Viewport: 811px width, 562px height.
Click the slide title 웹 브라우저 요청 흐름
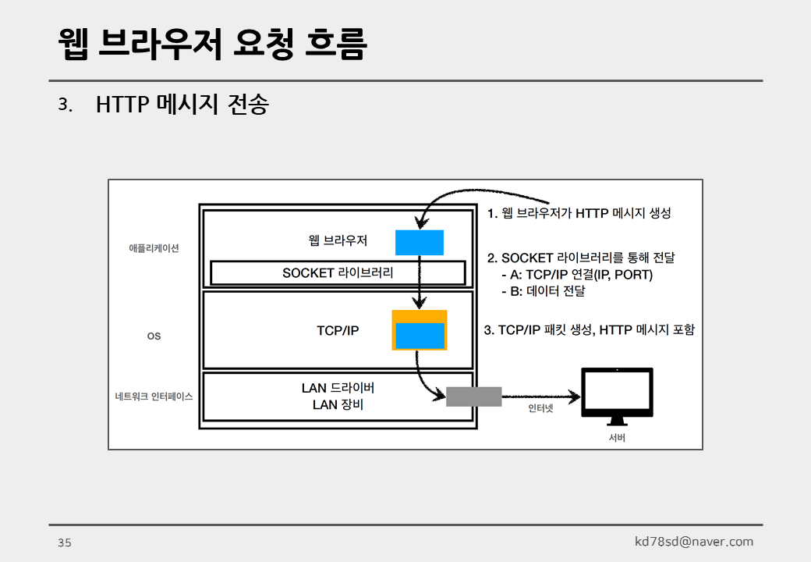coord(212,44)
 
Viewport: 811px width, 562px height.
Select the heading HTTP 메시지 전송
coord(182,105)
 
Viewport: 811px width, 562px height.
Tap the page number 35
coord(64,542)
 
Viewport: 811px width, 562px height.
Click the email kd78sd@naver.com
coord(693,542)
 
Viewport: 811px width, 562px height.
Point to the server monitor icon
coord(617,395)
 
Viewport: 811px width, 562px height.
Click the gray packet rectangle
coord(473,397)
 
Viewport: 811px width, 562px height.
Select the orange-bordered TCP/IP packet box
coord(420,330)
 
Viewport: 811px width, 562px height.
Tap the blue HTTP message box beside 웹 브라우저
coord(420,243)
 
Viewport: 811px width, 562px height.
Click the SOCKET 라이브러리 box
coord(338,273)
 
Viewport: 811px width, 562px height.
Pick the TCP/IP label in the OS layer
coord(338,330)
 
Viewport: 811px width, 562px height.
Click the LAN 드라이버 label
coord(338,388)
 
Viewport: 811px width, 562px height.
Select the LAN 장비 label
coord(338,405)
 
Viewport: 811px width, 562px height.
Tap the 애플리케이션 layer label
coord(154,248)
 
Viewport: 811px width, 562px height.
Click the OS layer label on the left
coord(154,336)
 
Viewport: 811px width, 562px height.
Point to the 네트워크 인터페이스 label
coord(154,396)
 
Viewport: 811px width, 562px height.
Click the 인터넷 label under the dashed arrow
coord(540,408)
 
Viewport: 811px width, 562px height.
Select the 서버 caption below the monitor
coord(617,437)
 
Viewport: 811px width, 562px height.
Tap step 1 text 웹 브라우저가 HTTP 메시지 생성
coord(579,213)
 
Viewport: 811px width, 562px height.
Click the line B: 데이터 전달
coord(543,291)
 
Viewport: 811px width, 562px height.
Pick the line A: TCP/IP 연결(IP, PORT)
coord(576,275)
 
